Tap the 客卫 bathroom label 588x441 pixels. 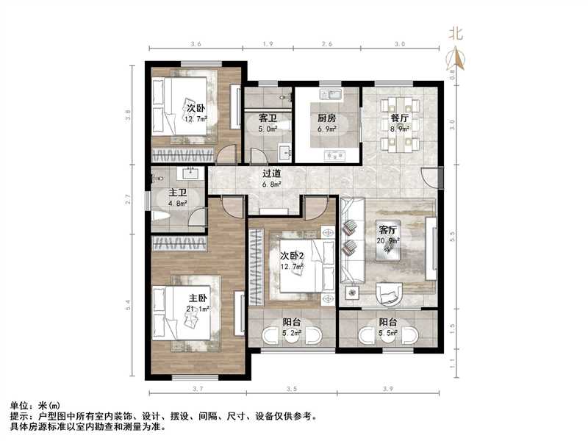(x=268, y=118)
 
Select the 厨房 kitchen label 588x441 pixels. (x=327, y=118)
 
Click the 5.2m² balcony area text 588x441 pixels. (x=292, y=333)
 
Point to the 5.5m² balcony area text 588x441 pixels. (x=387, y=333)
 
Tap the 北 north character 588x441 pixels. (x=456, y=33)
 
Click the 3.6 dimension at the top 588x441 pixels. (x=196, y=46)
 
